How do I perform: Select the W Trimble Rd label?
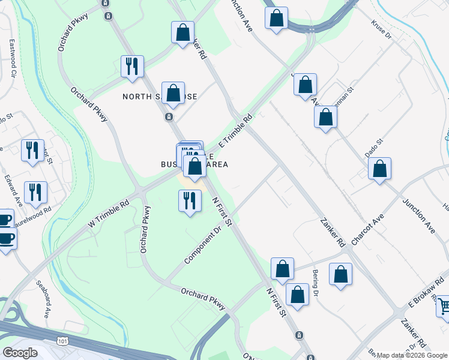(109, 213)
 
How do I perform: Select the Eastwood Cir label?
(11, 57)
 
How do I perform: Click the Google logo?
(20, 352)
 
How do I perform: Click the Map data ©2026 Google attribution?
(412, 355)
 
